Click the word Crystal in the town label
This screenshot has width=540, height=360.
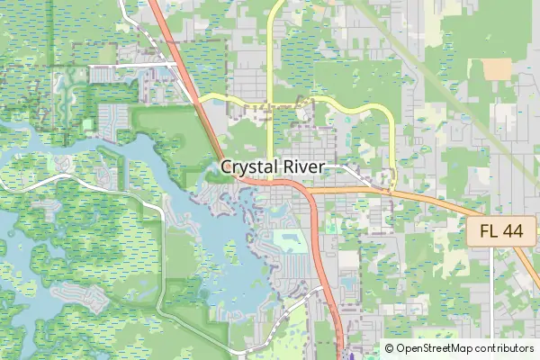(247, 168)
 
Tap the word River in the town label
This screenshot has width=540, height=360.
(304, 168)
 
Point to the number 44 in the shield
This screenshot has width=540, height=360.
(511, 231)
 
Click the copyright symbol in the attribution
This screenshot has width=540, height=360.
(390, 348)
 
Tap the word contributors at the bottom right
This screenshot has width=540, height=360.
(504, 348)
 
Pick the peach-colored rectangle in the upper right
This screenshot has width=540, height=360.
(496, 68)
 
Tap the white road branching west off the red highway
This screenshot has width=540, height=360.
(135, 66)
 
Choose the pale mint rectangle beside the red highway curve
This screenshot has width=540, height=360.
(288, 240)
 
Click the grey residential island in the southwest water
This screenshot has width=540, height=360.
(72, 293)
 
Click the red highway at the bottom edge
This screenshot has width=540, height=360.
(340, 355)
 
